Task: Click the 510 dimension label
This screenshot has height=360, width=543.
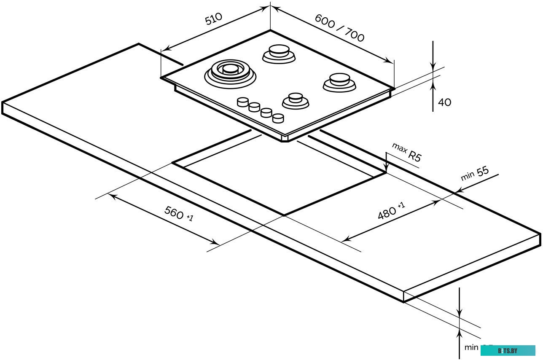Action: point(213,19)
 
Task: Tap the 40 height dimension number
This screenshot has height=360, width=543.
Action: point(444,102)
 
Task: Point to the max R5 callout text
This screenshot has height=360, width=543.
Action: point(407,152)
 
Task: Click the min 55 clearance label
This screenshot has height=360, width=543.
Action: point(475,174)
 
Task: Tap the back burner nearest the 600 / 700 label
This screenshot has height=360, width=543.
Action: point(279,54)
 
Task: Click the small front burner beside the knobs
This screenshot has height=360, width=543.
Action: point(296,100)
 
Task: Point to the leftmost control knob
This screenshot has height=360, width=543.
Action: point(242,102)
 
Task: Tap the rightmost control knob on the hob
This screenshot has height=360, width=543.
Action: point(278,118)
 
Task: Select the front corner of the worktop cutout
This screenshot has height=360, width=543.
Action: point(284,215)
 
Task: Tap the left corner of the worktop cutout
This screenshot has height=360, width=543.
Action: point(173,163)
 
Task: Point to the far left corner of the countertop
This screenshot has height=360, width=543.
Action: point(3,103)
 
